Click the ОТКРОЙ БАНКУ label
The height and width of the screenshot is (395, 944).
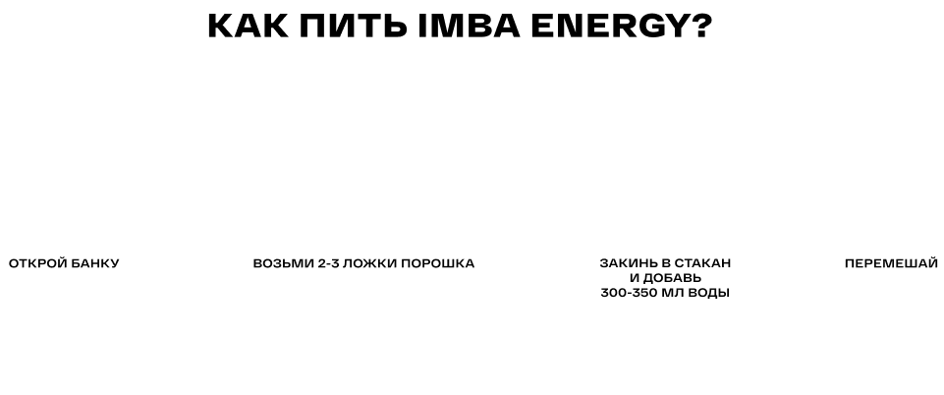(64, 263)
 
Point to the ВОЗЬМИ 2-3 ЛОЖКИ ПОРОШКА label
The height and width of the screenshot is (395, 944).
(363, 263)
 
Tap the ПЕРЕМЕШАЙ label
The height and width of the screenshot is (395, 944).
(883, 263)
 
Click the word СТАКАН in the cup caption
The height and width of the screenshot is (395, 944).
(701, 264)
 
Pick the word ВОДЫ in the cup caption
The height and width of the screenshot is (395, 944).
(715, 293)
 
